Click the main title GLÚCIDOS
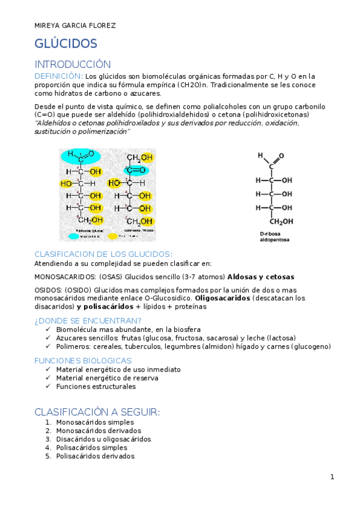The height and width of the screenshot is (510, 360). coord(66,44)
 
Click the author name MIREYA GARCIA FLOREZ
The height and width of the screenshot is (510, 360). coord(75,25)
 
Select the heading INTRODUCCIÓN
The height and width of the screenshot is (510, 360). coord(73,64)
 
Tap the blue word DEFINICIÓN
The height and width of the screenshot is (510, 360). coord(58,76)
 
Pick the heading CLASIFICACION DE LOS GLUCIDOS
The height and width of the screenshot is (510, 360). coord(103,254)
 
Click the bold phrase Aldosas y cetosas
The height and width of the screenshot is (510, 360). coord(261,277)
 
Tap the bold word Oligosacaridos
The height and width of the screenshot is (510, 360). coord(221,298)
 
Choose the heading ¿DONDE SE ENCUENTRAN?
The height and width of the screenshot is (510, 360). coord(88,321)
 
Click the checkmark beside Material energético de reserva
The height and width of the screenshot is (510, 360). coord(49,378)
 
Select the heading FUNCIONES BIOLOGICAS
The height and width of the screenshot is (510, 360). coord(83,360)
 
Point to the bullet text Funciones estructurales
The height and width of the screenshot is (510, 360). coord(96,387)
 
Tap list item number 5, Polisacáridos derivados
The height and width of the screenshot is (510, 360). coord(95,456)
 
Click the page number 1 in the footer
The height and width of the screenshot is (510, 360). coord(332,477)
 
